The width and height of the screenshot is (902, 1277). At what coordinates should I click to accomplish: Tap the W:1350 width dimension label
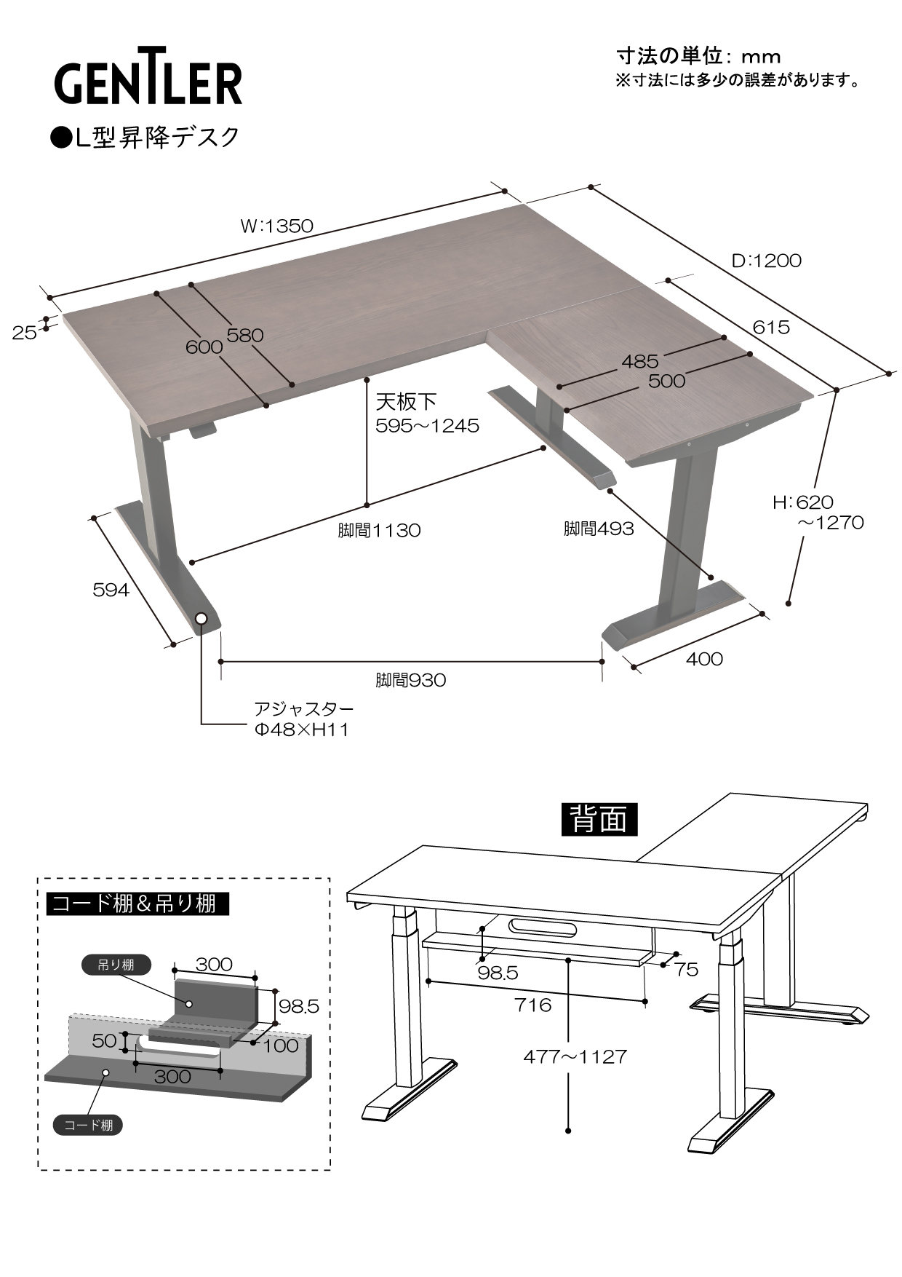tap(276, 226)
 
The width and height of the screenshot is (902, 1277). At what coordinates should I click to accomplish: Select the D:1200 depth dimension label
tap(766, 261)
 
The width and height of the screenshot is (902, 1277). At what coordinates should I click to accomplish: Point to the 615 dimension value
tap(770, 328)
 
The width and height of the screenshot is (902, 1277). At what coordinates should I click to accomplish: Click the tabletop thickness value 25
tap(24, 333)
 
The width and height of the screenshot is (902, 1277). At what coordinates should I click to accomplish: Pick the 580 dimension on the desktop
tap(244, 336)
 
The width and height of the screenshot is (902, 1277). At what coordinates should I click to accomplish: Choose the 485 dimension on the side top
tap(640, 361)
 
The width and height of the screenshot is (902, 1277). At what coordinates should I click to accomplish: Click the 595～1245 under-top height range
tap(427, 426)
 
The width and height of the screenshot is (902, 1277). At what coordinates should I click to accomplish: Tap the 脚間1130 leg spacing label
tap(379, 530)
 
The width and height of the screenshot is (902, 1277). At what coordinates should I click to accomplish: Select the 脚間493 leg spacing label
tap(599, 529)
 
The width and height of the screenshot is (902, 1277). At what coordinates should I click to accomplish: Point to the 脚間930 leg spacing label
tap(410, 681)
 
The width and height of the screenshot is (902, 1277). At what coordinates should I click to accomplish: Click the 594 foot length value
tap(111, 590)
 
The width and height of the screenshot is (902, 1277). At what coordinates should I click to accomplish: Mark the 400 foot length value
tap(704, 659)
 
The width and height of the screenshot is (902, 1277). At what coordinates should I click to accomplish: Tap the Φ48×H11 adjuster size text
tap(301, 730)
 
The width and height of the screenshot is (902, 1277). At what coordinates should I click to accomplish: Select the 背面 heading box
tap(599, 819)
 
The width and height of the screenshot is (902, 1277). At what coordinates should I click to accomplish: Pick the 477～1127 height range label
tap(575, 1056)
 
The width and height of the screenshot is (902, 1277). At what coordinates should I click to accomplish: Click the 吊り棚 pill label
tap(116, 965)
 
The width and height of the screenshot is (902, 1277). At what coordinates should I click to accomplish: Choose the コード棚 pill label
tap(88, 1125)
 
